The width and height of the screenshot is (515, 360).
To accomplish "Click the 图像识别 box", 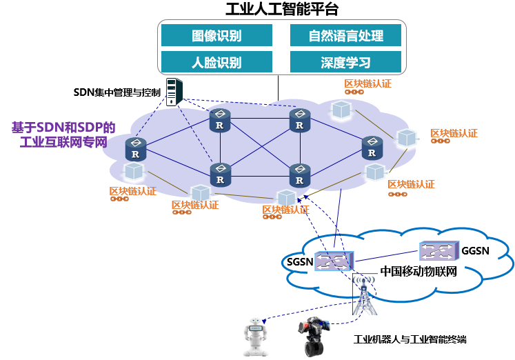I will coord(216,35).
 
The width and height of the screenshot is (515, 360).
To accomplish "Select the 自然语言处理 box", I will coord(345,35).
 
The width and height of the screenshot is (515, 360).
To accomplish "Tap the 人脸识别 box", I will coord(216,62).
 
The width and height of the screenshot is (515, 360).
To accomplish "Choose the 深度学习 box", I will coord(345,62).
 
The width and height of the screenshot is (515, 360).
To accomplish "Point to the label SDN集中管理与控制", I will coord(117,92).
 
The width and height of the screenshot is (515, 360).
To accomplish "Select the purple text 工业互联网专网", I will coord(63,143).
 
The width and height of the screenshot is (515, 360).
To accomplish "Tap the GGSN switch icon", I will coord(438,250).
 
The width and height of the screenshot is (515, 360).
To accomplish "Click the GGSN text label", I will coord(476,250).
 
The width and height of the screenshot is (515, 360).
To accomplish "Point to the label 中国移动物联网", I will coord(418,271).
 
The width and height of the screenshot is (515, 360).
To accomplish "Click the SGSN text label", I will coord(300,262).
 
